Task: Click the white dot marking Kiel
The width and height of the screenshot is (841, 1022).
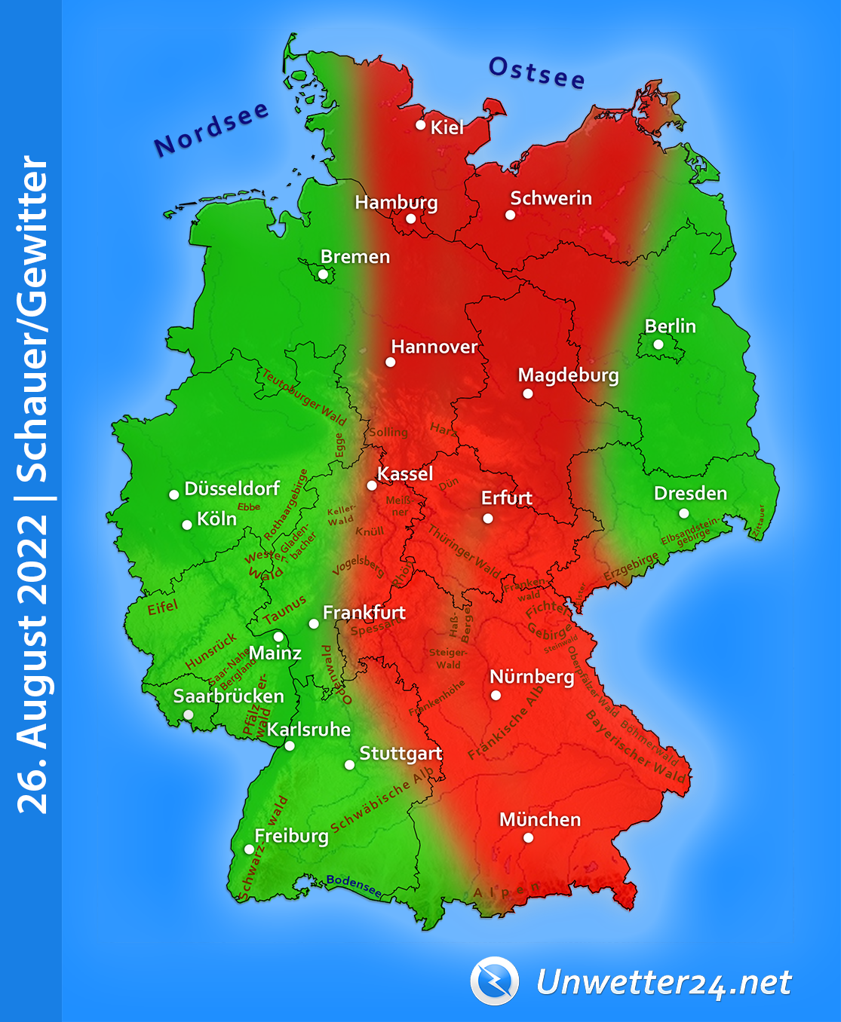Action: click(421, 125)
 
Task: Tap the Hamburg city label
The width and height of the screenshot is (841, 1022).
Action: click(396, 203)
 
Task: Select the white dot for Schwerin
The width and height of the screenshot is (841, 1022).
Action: click(511, 215)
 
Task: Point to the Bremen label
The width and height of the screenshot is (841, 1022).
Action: click(355, 257)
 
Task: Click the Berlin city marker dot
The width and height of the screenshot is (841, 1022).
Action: click(658, 344)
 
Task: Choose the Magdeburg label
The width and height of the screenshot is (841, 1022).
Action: click(568, 375)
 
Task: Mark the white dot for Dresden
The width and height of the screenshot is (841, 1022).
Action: click(683, 513)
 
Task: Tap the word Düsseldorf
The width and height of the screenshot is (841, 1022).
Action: click(232, 489)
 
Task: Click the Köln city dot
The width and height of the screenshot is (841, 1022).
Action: click(187, 525)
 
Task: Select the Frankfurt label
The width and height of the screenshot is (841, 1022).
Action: click(364, 613)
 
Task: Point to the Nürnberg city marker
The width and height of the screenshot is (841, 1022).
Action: click(496, 695)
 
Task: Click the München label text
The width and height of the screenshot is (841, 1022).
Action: click(540, 819)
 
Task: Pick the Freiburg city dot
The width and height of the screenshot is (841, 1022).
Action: click(250, 849)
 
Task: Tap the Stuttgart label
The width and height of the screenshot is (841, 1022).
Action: click(401, 754)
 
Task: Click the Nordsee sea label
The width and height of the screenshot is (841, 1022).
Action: click(211, 130)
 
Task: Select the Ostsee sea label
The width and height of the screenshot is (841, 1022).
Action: click(536, 73)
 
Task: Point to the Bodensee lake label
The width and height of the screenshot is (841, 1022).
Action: click(354, 886)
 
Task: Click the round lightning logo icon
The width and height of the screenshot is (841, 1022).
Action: click(495, 981)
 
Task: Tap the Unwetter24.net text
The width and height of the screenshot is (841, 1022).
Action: click(664, 983)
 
